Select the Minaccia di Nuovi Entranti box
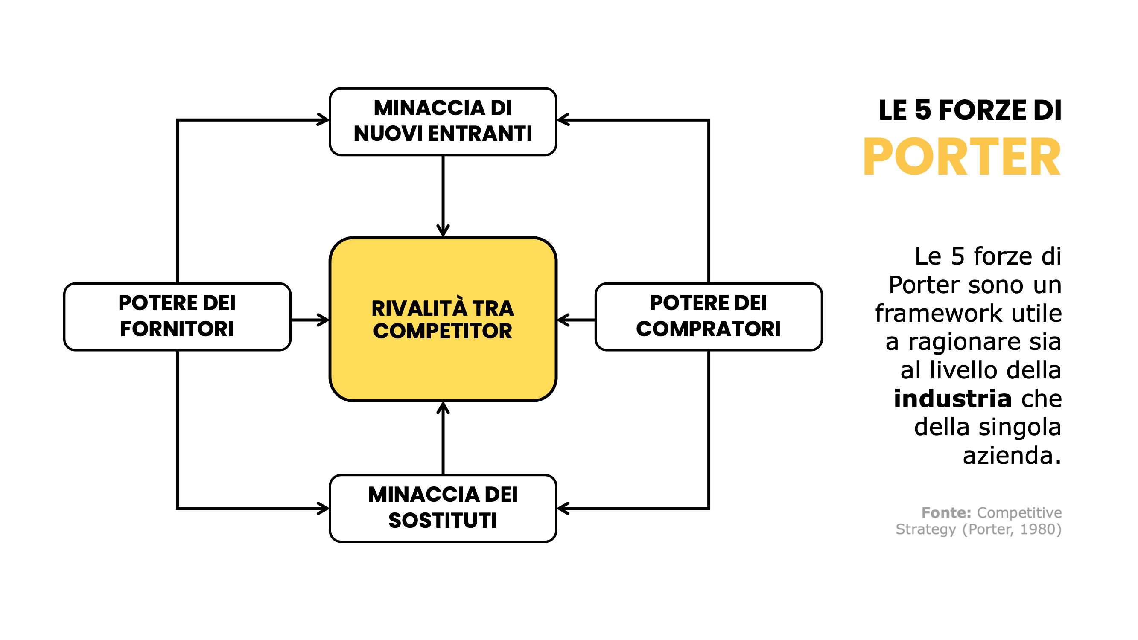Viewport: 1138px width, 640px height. coord(443,121)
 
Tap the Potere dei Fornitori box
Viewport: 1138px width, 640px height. coord(177,316)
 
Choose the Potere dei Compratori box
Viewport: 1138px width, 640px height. coord(708,316)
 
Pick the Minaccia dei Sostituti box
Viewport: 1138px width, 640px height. coord(443,508)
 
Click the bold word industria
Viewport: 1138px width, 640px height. coord(952,399)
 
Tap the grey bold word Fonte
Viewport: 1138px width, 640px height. coord(945,512)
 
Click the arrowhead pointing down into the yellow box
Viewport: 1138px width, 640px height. coord(443,231)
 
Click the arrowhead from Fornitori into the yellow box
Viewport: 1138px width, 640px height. coord(324,320)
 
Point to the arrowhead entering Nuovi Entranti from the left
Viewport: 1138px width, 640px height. coord(324,120)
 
